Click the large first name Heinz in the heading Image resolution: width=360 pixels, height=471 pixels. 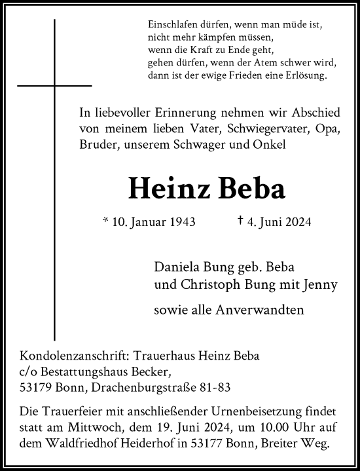[171, 189]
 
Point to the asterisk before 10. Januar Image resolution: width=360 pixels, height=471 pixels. [105, 221]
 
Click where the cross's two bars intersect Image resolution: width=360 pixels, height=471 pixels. [55, 85]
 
